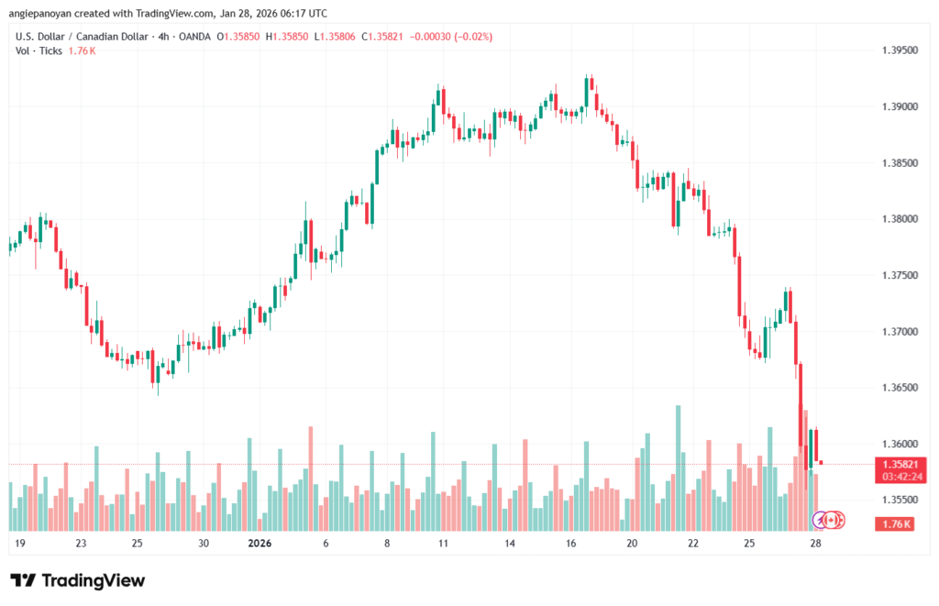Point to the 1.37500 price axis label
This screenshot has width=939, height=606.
pyautogui.click(x=899, y=275)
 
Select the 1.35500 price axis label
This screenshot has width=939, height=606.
pyautogui.click(x=899, y=500)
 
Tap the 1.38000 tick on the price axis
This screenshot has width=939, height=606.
pyautogui.click(x=899, y=219)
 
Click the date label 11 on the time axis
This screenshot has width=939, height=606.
pyautogui.click(x=442, y=543)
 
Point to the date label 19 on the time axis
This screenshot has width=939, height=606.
pyautogui.click(x=20, y=543)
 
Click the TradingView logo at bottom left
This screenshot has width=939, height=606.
pyautogui.click(x=77, y=580)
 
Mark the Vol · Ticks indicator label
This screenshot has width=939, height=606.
pyautogui.click(x=39, y=50)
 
